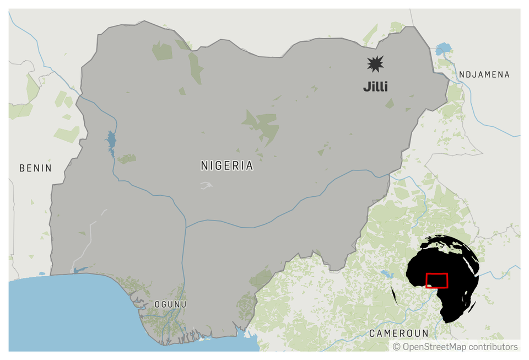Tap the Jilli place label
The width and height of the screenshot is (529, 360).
point(375,87)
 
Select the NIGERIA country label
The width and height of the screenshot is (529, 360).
point(227,165)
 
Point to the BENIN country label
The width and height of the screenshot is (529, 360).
point(35,168)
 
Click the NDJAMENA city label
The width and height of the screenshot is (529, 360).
point(484,74)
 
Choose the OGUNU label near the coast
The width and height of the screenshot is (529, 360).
point(170,304)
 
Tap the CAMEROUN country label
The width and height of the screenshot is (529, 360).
point(398,333)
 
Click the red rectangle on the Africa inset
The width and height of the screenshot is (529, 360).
point(437,281)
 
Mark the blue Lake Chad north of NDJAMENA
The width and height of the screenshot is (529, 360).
point(443,50)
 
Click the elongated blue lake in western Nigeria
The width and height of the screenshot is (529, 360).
point(111,143)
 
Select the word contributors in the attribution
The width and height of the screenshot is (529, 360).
point(492,347)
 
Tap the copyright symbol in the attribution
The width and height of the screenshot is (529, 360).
point(397,347)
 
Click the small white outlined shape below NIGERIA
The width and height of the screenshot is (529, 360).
point(207,185)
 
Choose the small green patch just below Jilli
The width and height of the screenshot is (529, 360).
point(390,103)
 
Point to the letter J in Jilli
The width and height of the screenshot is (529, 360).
point(366,87)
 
